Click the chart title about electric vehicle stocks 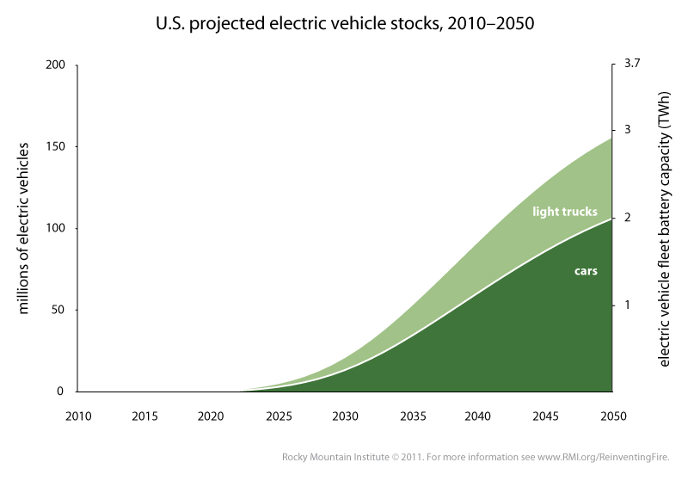click(343, 23)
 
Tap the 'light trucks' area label click(564, 211)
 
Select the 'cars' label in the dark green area click(586, 270)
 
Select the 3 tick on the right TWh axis click(628, 130)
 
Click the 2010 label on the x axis click(78, 416)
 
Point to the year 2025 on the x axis click(278, 416)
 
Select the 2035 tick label click(411, 416)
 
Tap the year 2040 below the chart click(478, 416)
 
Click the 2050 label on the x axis click(611, 416)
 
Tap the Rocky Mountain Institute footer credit click(481, 457)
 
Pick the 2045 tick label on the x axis click(544, 416)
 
